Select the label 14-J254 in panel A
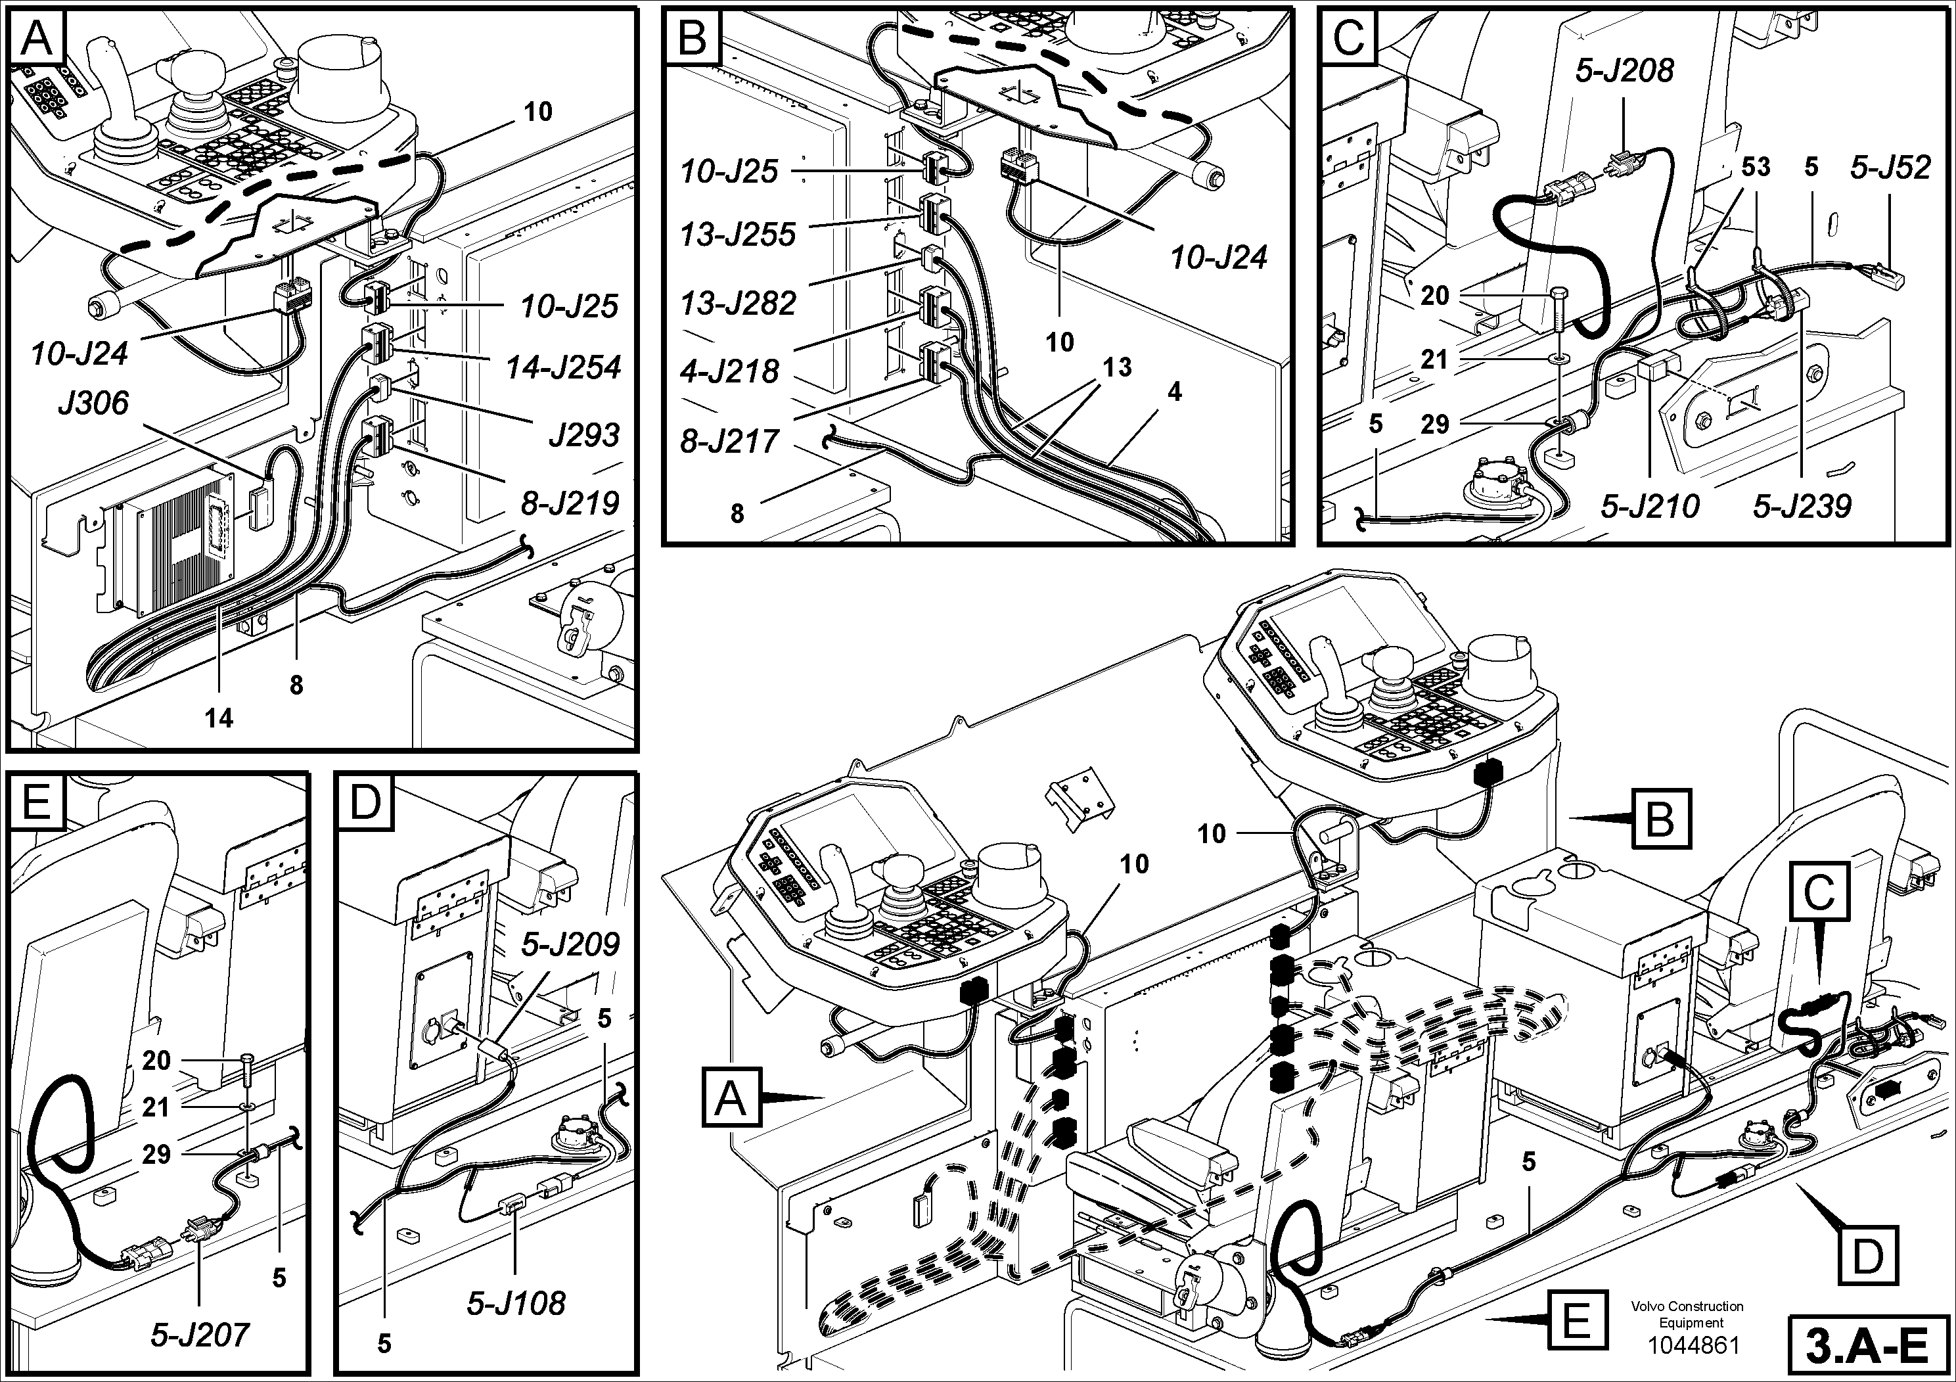pyautogui.click(x=563, y=368)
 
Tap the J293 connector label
pyautogui.click(x=583, y=436)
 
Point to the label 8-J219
pyautogui.click(x=570, y=503)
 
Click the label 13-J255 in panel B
pyautogui.click(x=738, y=235)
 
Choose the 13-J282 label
pyautogui.click(x=738, y=304)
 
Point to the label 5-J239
pyautogui.click(x=1802, y=507)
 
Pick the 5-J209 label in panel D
pyautogui.click(x=571, y=944)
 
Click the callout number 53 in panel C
pyautogui.click(x=1755, y=167)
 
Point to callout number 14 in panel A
pyautogui.click(x=219, y=718)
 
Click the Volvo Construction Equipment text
pyautogui.click(x=1687, y=1314)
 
